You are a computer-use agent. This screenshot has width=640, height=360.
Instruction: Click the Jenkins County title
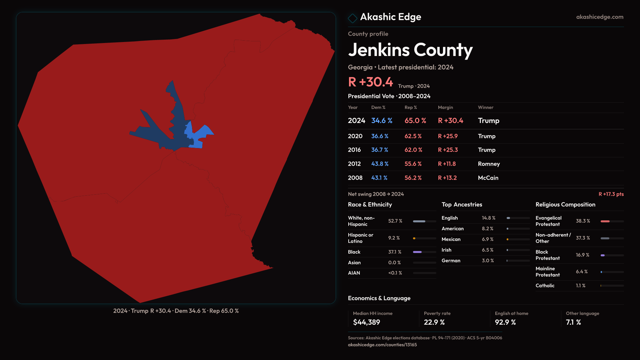click(x=410, y=50)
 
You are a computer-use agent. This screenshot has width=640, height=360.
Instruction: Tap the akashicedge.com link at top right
click(x=599, y=17)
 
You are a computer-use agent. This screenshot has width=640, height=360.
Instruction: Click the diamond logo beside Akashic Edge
click(x=352, y=18)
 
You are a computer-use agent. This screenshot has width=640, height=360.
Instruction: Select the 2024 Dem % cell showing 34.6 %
click(x=382, y=121)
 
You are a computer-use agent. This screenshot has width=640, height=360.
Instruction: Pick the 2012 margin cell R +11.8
click(x=447, y=164)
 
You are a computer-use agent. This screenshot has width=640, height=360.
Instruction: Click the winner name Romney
click(x=489, y=164)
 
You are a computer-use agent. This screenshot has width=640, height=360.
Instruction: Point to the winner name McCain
click(x=488, y=178)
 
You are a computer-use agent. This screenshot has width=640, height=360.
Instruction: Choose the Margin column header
click(x=445, y=107)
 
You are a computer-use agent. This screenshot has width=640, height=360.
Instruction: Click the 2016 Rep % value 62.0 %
click(x=413, y=150)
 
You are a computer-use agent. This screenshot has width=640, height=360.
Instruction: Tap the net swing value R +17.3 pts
click(x=611, y=194)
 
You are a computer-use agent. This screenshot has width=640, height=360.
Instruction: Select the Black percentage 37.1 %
click(x=395, y=252)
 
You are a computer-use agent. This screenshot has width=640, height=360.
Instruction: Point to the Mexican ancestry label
click(x=451, y=239)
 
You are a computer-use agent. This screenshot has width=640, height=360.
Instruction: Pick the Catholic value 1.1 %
click(x=580, y=286)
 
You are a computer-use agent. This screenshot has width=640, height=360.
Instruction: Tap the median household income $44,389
click(x=366, y=322)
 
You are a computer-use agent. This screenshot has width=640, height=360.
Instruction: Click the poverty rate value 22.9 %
click(x=434, y=322)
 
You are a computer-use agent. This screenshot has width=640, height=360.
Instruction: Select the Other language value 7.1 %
click(x=573, y=322)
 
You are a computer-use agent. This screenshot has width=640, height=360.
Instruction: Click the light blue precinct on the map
click(x=200, y=135)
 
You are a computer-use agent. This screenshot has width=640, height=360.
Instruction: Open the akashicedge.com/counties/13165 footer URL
click(x=382, y=345)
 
